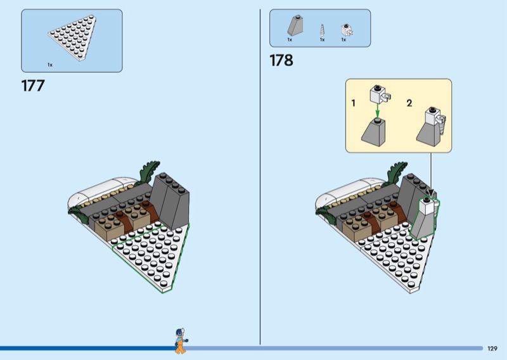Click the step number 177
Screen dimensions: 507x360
[x=33, y=86]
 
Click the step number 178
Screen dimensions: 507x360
[x=281, y=60]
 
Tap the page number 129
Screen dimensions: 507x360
[x=492, y=349]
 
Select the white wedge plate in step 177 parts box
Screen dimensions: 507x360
[x=72, y=37]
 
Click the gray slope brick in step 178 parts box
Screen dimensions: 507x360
[x=295, y=25]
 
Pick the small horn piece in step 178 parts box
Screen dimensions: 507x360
[x=322, y=30]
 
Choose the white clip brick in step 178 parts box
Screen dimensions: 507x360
[x=347, y=30]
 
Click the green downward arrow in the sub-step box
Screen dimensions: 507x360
[x=376, y=110]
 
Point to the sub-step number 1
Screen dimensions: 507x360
[x=354, y=103]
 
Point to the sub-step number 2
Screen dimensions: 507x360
[x=409, y=103]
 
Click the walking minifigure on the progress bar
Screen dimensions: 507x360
[x=181, y=341]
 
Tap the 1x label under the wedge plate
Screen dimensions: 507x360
[x=50, y=65]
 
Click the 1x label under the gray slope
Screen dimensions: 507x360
[x=290, y=40]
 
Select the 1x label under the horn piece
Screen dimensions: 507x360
[x=322, y=40]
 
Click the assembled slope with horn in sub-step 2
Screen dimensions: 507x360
[x=431, y=127]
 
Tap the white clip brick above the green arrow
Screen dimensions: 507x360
[x=380, y=94]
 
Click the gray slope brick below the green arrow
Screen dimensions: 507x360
[x=373, y=132]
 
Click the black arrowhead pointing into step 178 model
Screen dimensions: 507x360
[x=430, y=193]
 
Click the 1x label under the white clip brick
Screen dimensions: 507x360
[x=343, y=40]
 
